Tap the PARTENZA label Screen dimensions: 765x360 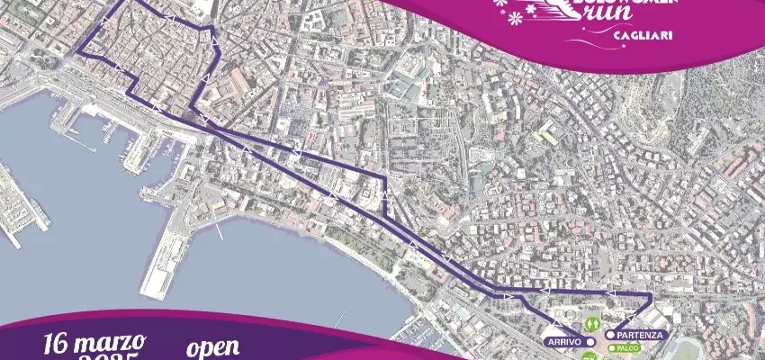640,335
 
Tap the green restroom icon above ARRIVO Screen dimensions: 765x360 591,320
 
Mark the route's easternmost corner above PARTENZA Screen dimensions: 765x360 650,295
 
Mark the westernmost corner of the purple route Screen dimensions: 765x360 78,52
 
